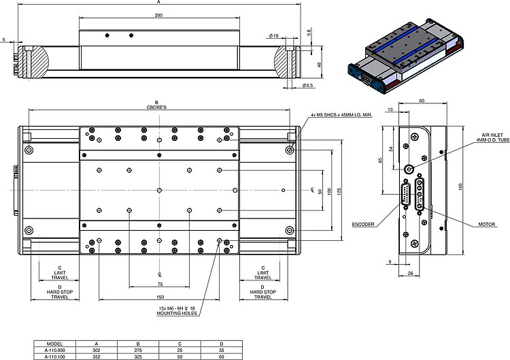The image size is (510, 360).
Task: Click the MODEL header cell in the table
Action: coord(54,344)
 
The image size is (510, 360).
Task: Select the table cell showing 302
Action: coord(96,350)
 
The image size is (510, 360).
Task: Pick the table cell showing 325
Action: coord(138,356)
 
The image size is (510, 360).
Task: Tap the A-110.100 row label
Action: coord(54,356)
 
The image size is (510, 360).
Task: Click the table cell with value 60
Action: coord(222,356)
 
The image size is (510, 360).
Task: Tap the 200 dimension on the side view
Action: coord(158,15)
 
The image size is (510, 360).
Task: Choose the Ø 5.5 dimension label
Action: coord(307,86)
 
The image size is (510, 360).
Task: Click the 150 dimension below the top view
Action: coord(158,297)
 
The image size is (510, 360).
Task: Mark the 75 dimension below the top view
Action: coord(159,284)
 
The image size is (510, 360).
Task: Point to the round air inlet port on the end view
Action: coord(409,168)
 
